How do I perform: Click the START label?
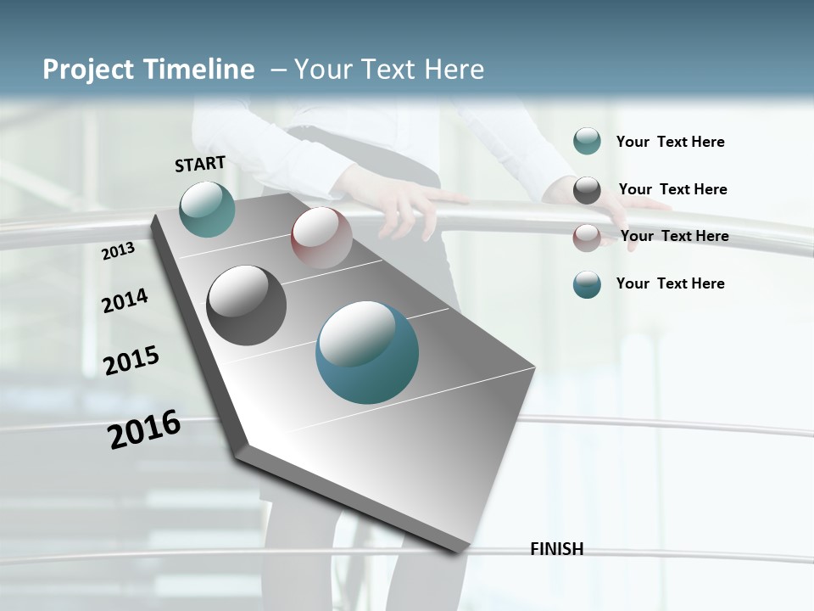click(x=200, y=164)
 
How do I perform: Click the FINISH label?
click(x=556, y=549)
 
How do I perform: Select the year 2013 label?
click(x=119, y=250)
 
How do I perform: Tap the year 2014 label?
click(x=125, y=300)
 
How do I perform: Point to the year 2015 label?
click(x=131, y=361)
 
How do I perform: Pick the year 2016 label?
click(x=144, y=429)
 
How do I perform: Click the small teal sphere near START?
click(x=207, y=209)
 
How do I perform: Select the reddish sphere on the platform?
click(x=321, y=237)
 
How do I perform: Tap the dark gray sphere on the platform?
click(x=247, y=305)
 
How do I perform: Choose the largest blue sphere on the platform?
click(x=367, y=351)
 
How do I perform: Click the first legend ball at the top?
click(x=587, y=141)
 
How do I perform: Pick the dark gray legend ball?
click(x=587, y=190)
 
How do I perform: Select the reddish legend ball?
click(x=587, y=237)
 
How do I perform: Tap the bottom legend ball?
click(x=587, y=284)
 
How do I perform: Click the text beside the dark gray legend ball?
click(x=672, y=189)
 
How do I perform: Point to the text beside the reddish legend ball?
click(x=674, y=236)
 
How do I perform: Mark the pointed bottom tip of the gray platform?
click(x=460, y=550)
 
